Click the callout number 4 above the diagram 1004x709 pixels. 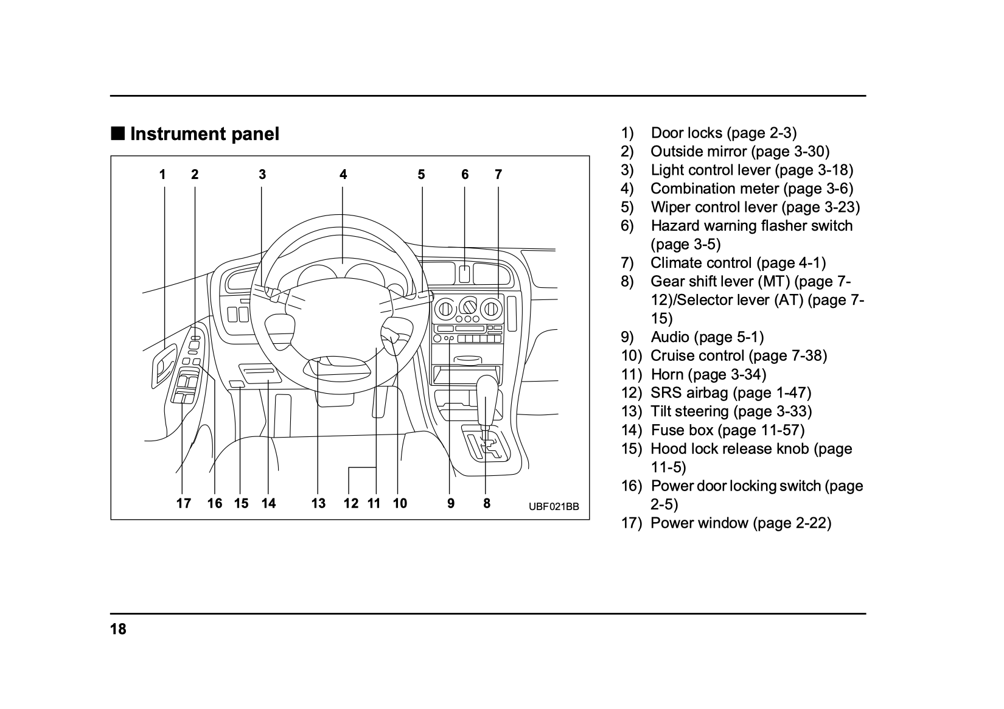(343, 175)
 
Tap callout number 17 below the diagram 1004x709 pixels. (183, 503)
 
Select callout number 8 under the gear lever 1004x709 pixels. (487, 503)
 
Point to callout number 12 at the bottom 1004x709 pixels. (351, 503)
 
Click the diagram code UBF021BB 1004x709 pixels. (554, 506)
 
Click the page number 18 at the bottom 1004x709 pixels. (118, 629)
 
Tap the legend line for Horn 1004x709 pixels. (708, 374)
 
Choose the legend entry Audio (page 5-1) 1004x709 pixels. (707, 337)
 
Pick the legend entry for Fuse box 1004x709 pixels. (727, 430)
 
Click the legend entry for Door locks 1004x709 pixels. (723, 133)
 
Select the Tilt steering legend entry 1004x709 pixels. (731, 411)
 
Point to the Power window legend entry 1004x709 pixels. (741, 523)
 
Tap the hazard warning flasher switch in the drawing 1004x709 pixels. (464, 273)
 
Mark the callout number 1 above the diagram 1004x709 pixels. (162, 175)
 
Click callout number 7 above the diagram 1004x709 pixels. (498, 175)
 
